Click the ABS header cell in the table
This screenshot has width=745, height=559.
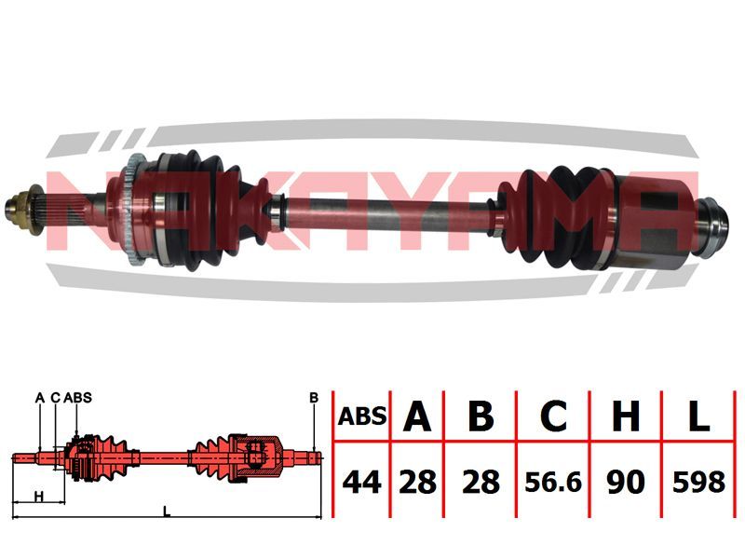[x=362, y=416]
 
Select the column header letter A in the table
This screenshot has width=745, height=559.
[x=417, y=416]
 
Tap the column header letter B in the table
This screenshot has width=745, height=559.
[x=481, y=416]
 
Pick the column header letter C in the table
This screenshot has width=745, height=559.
[x=553, y=416]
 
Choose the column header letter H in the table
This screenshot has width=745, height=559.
[x=626, y=416]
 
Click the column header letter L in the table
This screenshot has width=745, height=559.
[x=698, y=416]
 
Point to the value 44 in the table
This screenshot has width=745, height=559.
[x=362, y=482]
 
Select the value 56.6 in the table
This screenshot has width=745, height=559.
[x=553, y=482]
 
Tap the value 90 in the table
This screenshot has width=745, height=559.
[x=626, y=482]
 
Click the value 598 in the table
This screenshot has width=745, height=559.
[x=698, y=482]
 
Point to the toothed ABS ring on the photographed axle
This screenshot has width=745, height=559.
[x=133, y=209]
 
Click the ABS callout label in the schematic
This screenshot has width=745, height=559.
[x=77, y=398]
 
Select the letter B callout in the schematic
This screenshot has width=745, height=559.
[x=314, y=398]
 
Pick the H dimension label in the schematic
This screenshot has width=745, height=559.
[x=39, y=497]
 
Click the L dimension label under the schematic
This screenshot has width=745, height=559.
[x=166, y=511]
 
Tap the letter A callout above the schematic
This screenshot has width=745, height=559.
[x=40, y=398]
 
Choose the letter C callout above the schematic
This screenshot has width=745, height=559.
[x=56, y=398]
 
